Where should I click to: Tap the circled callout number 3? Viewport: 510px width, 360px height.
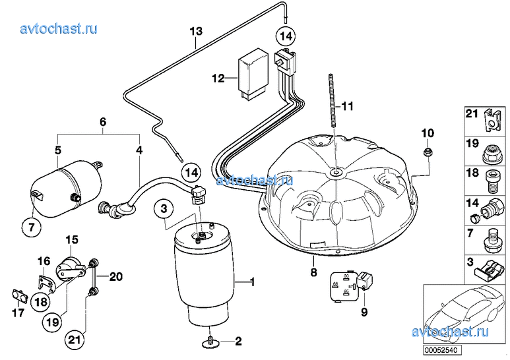pyautogui.click(x=164, y=208)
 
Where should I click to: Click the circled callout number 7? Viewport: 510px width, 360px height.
pyautogui.click(x=32, y=227)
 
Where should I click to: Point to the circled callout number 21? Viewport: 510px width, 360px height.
pyautogui.click(x=74, y=340)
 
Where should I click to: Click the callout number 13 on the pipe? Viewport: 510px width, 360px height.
pyautogui.click(x=196, y=32)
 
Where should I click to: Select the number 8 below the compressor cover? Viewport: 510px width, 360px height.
pyautogui.click(x=313, y=272)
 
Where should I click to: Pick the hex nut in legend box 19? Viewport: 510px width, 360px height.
pyautogui.click(x=491, y=154)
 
